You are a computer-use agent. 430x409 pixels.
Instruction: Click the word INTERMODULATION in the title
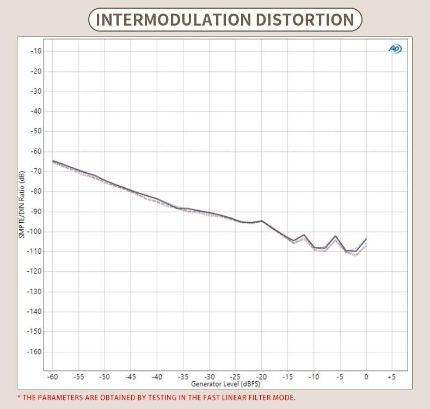tap(166, 20)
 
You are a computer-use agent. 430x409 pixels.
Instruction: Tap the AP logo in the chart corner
tap(395, 49)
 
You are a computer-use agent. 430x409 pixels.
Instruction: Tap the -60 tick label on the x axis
tap(53, 376)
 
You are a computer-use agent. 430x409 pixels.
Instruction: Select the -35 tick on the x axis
tap(183, 376)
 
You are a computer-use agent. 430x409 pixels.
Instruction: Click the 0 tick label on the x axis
tap(366, 376)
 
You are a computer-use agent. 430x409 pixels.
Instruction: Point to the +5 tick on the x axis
tap(391, 376)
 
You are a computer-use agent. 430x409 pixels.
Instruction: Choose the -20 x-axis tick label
tap(261, 376)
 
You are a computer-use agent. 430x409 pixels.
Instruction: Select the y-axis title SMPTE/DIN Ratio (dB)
tap(22, 205)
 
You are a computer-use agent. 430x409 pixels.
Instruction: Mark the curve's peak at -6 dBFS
tap(335, 236)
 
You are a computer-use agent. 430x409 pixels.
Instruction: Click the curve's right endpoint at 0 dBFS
tap(366, 239)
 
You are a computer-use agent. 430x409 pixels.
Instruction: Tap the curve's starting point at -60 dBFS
tap(53, 161)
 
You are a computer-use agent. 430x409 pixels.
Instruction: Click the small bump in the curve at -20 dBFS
tap(262, 221)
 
